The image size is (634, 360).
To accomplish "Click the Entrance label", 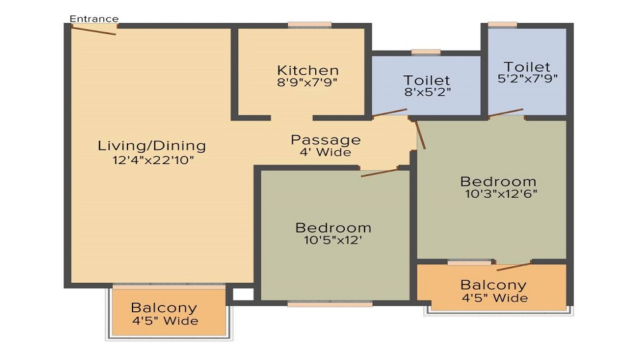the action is click(x=94, y=18).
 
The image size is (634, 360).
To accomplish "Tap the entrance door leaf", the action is click(x=94, y=30).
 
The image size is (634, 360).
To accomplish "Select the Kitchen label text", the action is click(x=307, y=70).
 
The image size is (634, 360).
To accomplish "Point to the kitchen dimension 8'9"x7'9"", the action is click(x=307, y=82).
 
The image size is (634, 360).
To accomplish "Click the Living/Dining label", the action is click(x=152, y=146).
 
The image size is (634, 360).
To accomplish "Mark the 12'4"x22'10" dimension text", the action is click(x=153, y=160).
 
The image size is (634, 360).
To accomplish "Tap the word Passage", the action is click(x=325, y=140).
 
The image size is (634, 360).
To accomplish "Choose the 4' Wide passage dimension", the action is click(x=325, y=152).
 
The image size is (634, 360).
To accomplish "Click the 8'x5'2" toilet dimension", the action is click(x=427, y=92).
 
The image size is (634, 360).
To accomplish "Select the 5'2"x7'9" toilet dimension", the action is click(x=527, y=79).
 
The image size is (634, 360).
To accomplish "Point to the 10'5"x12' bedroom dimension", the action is click(x=333, y=240).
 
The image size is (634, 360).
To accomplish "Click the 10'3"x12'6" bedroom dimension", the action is click(x=501, y=194).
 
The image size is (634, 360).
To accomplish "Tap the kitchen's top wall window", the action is click(x=310, y=25).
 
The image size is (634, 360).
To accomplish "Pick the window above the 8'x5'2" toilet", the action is click(x=426, y=52).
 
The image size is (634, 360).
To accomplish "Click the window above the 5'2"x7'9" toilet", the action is click(x=503, y=25).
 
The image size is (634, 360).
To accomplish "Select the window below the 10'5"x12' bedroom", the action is click(x=330, y=304).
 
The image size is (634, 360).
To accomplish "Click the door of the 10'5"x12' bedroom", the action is click(x=380, y=172).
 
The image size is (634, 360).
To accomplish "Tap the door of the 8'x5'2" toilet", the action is click(x=390, y=112).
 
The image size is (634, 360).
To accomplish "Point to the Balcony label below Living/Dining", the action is click(x=164, y=308).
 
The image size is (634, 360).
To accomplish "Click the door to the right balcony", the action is click(x=514, y=267).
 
